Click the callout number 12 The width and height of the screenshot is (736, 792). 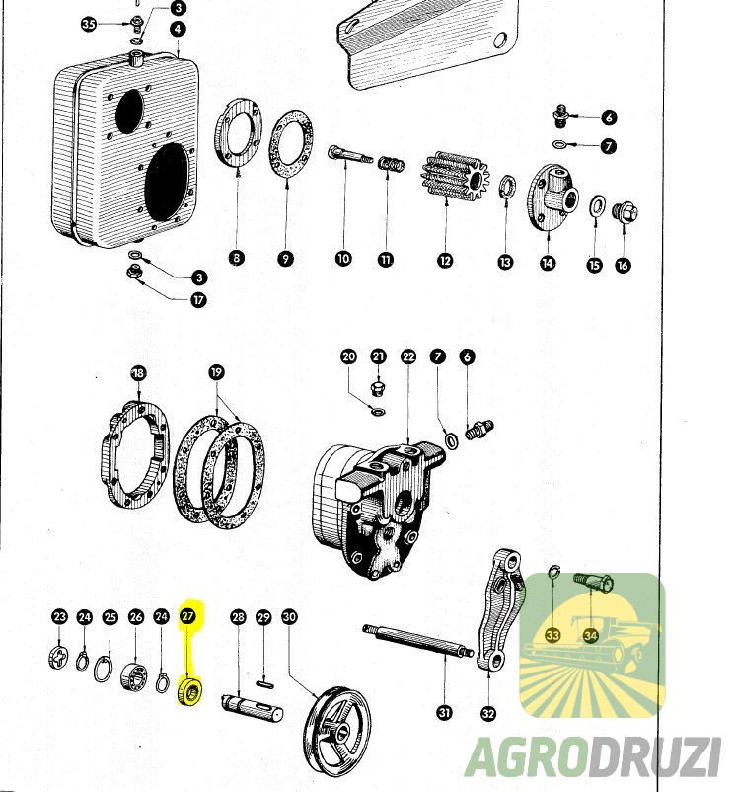click(446, 260)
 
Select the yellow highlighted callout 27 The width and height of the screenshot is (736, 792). click(188, 616)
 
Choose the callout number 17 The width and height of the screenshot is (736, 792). click(199, 299)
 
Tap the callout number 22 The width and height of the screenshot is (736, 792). click(408, 356)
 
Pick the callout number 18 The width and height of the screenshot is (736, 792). click(138, 373)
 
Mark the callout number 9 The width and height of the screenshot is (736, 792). click(285, 259)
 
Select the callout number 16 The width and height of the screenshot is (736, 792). click(623, 264)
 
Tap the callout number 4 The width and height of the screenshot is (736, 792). click(178, 28)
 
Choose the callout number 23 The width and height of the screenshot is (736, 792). click(60, 617)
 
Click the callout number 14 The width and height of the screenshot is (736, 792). click(547, 263)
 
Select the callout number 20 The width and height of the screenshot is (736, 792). click(348, 356)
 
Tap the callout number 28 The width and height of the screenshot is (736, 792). click(238, 617)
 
